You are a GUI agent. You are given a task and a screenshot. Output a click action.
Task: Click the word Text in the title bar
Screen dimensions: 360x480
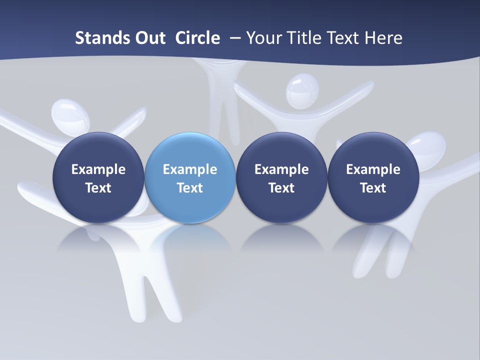coord(344,38)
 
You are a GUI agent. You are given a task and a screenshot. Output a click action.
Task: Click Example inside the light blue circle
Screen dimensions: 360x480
coord(190,169)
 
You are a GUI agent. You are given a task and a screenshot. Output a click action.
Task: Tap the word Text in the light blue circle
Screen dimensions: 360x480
coord(190,188)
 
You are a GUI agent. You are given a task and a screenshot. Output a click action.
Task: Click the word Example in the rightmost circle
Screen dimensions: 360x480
coord(373,169)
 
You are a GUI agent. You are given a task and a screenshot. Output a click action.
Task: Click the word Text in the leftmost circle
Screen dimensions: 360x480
coord(98,188)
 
